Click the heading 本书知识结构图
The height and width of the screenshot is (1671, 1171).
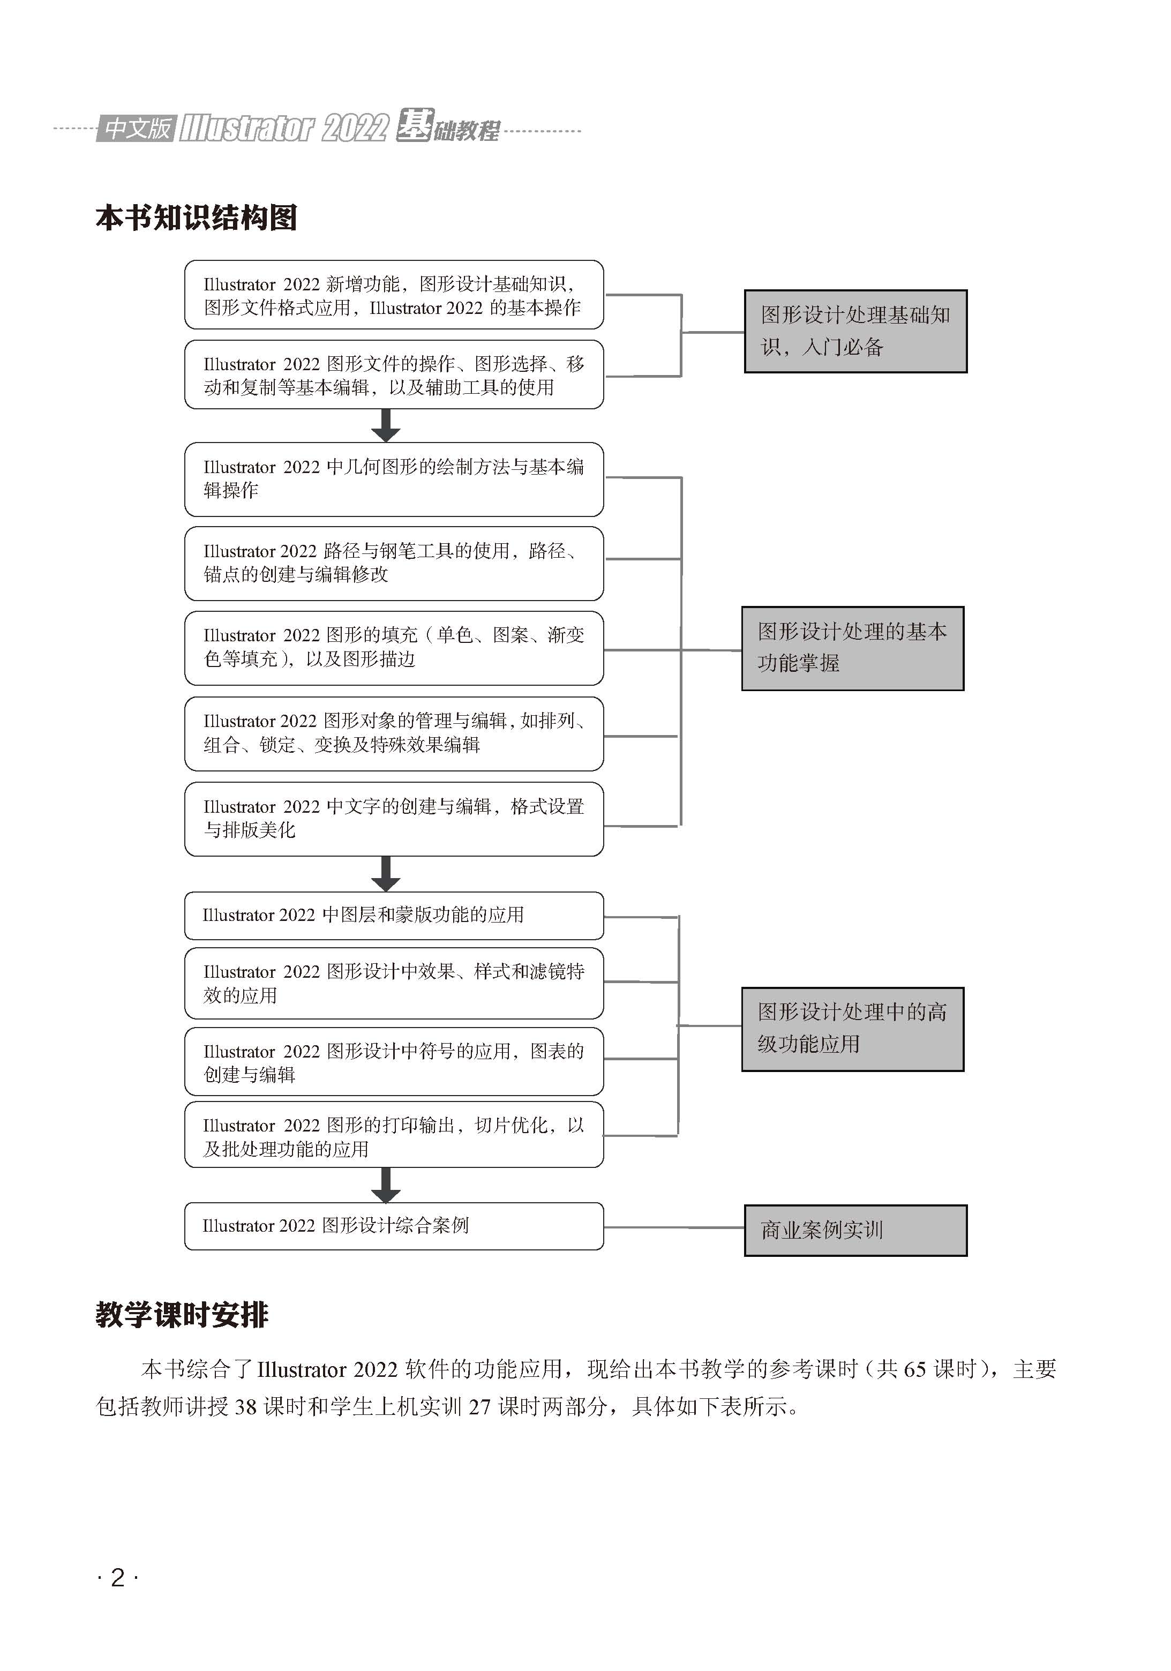(x=197, y=218)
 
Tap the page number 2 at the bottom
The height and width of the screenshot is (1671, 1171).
(x=117, y=1577)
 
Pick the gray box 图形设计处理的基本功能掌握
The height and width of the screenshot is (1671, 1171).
(x=852, y=648)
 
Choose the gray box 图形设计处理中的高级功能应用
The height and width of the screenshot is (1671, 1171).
(x=852, y=1029)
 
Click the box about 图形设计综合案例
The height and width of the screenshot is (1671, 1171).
(x=394, y=1226)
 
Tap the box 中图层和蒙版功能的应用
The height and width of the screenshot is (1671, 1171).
(x=394, y=916)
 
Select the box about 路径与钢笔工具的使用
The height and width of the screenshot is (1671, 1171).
(x=394, y=563)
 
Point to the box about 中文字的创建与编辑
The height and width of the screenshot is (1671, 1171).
(x=394, y=819)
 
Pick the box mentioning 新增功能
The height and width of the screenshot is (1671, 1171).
(x=394, y=295)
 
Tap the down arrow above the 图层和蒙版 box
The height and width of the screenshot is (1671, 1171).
(x=386, y=874)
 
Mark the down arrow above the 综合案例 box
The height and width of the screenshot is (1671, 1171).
(x=386, y=1186)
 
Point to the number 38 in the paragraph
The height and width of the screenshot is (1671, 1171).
(x=245, y=1407)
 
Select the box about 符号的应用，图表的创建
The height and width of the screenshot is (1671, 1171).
(x=394, y=1061)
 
